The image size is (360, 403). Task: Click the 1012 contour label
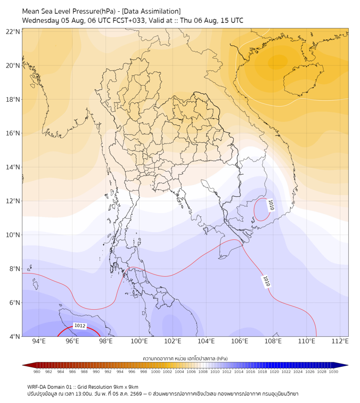[x=79, y=326]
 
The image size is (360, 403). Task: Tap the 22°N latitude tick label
[x=13, y=31]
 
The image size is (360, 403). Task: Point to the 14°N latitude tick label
[x=13, y=167]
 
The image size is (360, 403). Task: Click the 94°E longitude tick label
[x=39, y=341]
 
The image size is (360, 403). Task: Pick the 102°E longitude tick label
[x=173, y=341]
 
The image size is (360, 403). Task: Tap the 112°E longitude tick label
[x=340, y=341]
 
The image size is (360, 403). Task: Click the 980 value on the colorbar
[x=37, y=372]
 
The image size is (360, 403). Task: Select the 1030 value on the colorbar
[x=333, y=372]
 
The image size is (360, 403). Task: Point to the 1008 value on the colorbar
[x=203, y=372]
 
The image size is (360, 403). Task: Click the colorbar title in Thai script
[x=185, y=358]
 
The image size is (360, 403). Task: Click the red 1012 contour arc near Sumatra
[x=78, y=327]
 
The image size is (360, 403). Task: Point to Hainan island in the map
[x=302, y=79]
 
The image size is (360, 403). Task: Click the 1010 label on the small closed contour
[x=271, y=205]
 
